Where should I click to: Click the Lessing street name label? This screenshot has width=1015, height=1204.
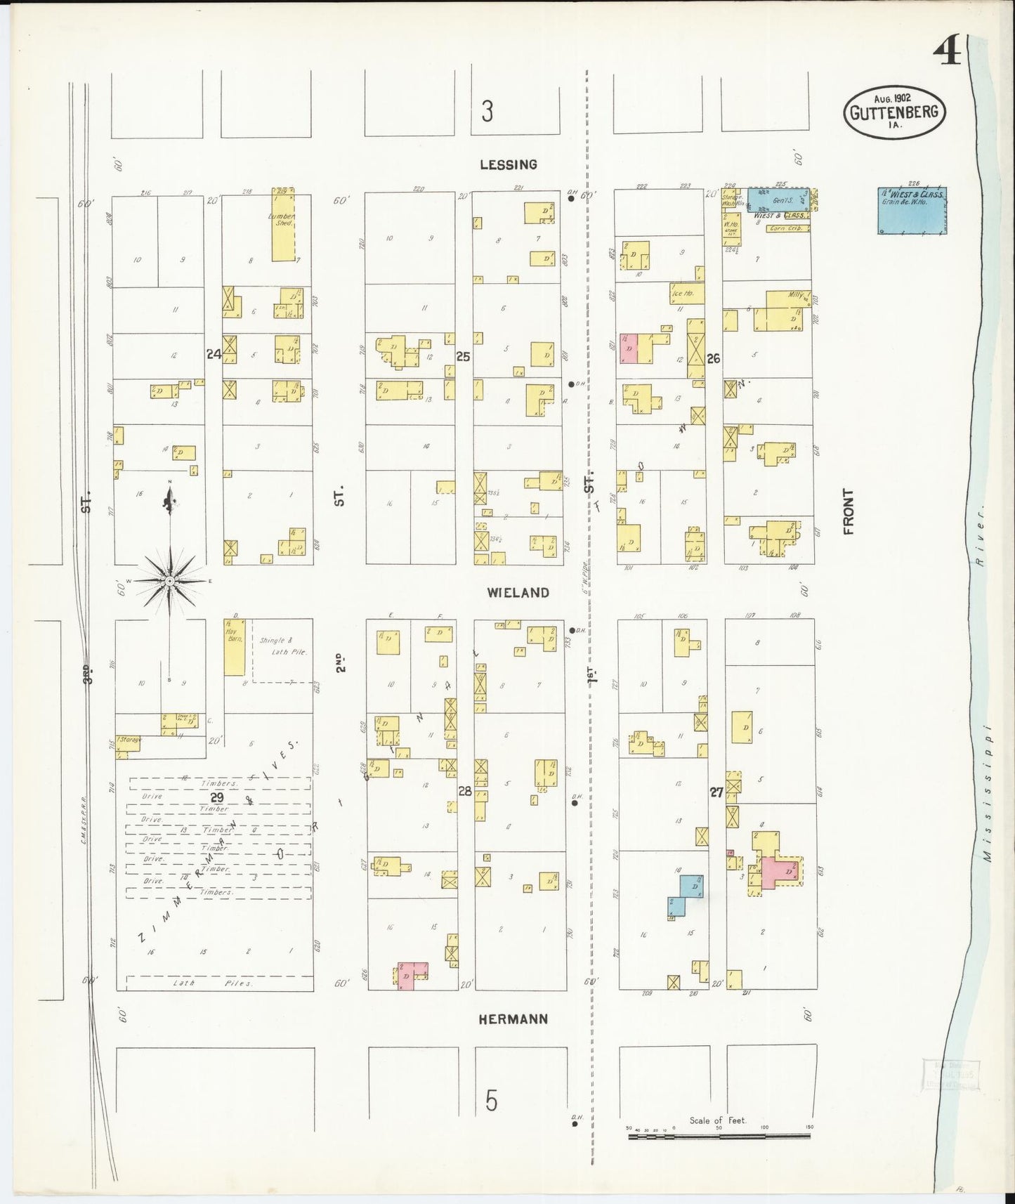coord(509,165)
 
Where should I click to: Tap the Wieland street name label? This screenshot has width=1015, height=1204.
coord(518,593)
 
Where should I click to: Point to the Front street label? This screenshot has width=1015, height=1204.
coord(849,511)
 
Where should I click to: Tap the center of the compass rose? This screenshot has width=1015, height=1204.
coord(169,581)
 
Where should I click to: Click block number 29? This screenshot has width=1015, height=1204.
coord(216,797)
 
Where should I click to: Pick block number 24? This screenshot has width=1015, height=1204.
coord(214,355)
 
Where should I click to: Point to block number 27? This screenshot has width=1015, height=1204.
coord(716,792)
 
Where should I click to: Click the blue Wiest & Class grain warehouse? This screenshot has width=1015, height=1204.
coord(912,211)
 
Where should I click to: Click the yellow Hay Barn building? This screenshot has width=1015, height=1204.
coord(234,647)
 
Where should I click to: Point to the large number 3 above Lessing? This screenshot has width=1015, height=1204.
coord(487,111)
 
